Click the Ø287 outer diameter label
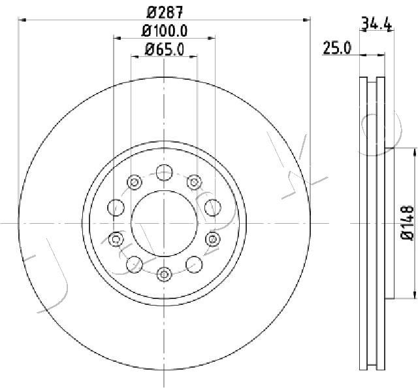[164, 11]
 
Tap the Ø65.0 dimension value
[164, 48]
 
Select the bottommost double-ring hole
[164, 273]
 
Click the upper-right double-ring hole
[193, 181]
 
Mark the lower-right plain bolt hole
[193, 264]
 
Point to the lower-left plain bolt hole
[134, 264]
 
